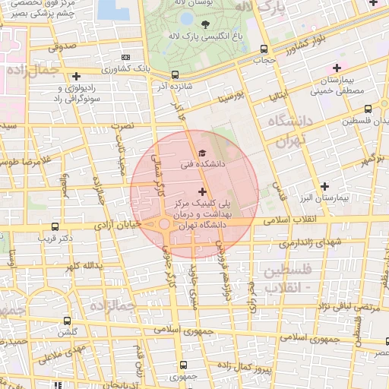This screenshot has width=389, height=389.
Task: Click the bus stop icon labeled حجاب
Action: [263, 47]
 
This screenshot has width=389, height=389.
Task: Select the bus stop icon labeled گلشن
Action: [68, 321]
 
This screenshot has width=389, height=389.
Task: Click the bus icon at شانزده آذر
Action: [176, 74]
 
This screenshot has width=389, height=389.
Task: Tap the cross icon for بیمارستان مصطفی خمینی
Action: [337, 68]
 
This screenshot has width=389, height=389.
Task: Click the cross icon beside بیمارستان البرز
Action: [325, 186]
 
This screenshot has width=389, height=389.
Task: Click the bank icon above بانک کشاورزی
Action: [125, 58]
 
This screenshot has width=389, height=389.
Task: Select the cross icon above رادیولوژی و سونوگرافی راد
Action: [76, 76]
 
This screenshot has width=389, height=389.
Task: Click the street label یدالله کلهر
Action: [83, 267]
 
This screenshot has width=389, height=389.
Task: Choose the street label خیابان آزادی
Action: [114, 226]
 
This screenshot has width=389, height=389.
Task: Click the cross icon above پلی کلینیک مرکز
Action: [201, 192]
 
